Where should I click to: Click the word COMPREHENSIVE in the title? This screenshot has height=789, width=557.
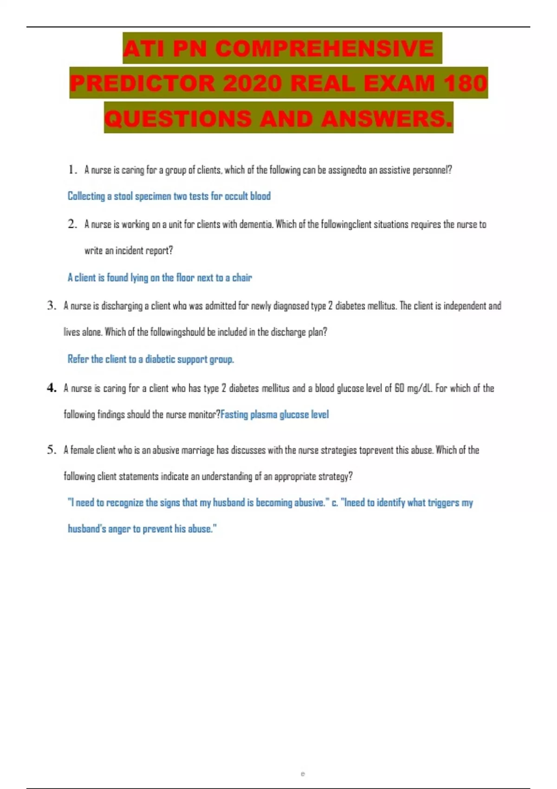324,49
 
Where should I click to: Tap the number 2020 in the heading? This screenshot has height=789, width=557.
252,84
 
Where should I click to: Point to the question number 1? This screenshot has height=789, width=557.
72,170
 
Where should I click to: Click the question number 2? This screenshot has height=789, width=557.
72,224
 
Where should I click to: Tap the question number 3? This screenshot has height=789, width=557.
51,305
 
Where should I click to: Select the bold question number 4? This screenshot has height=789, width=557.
51,388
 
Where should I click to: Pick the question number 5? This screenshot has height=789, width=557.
51,450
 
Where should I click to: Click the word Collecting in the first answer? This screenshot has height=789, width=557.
86,196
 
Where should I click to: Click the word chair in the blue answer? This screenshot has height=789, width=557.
242,278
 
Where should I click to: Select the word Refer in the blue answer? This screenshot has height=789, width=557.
78,359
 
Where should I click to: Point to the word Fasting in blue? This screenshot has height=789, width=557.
234,414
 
